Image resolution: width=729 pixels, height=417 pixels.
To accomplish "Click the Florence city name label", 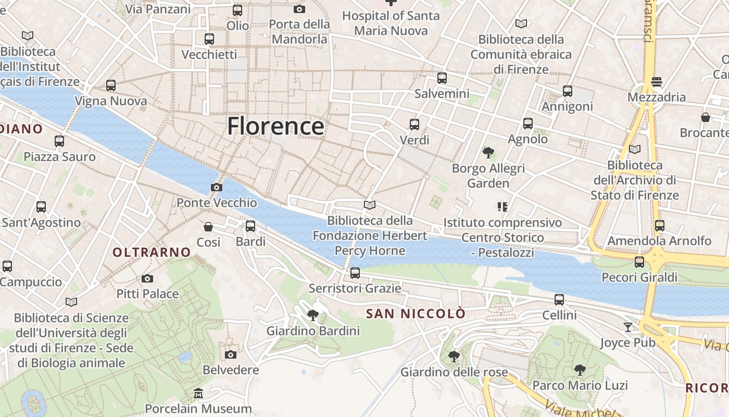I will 275,126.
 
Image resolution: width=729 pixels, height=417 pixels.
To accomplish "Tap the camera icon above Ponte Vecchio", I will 217,187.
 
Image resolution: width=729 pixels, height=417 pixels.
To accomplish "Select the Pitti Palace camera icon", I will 147,279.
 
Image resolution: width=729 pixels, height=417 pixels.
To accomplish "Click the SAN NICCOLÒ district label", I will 415,313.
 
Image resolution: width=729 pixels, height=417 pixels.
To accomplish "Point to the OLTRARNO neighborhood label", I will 152,252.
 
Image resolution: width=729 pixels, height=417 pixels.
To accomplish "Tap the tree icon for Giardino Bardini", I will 313,315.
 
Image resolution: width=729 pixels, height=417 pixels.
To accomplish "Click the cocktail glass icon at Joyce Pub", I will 628,327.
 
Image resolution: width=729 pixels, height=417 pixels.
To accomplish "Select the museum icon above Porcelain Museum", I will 198,393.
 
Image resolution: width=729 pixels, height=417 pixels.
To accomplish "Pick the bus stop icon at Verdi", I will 414,125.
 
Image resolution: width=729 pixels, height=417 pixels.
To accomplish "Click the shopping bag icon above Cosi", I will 208,227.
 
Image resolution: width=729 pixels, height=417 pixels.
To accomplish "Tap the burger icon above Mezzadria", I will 657,82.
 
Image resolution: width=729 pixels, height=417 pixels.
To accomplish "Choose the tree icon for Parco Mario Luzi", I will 580,370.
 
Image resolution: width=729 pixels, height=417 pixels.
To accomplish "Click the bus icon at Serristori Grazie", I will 355,273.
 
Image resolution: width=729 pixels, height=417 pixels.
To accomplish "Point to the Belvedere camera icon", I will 230,355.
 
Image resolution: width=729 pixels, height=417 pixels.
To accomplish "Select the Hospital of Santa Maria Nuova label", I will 391,23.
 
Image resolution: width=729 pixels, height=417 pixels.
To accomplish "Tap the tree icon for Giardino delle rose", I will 454,357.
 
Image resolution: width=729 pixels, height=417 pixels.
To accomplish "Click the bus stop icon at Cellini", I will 559,300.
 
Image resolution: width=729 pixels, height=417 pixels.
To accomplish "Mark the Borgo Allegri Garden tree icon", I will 488,153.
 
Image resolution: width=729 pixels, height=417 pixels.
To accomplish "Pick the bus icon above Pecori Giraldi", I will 639,262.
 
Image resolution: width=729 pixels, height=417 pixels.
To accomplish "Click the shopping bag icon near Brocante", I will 706,117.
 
